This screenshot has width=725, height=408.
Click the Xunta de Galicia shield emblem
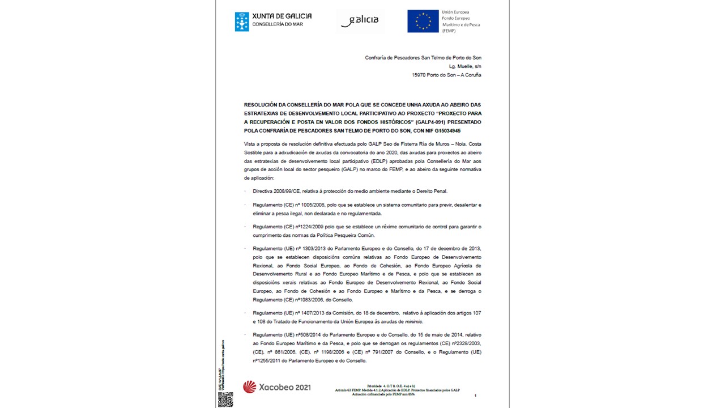242,22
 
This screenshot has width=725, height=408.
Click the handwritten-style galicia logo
360,21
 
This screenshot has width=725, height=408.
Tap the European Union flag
423,21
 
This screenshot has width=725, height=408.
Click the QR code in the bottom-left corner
225,399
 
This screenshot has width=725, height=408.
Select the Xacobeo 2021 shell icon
249,388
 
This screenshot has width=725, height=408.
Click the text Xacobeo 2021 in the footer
285,388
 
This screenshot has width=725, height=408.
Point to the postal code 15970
420,75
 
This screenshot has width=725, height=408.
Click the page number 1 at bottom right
475,396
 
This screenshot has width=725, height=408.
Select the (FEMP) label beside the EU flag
449,31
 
